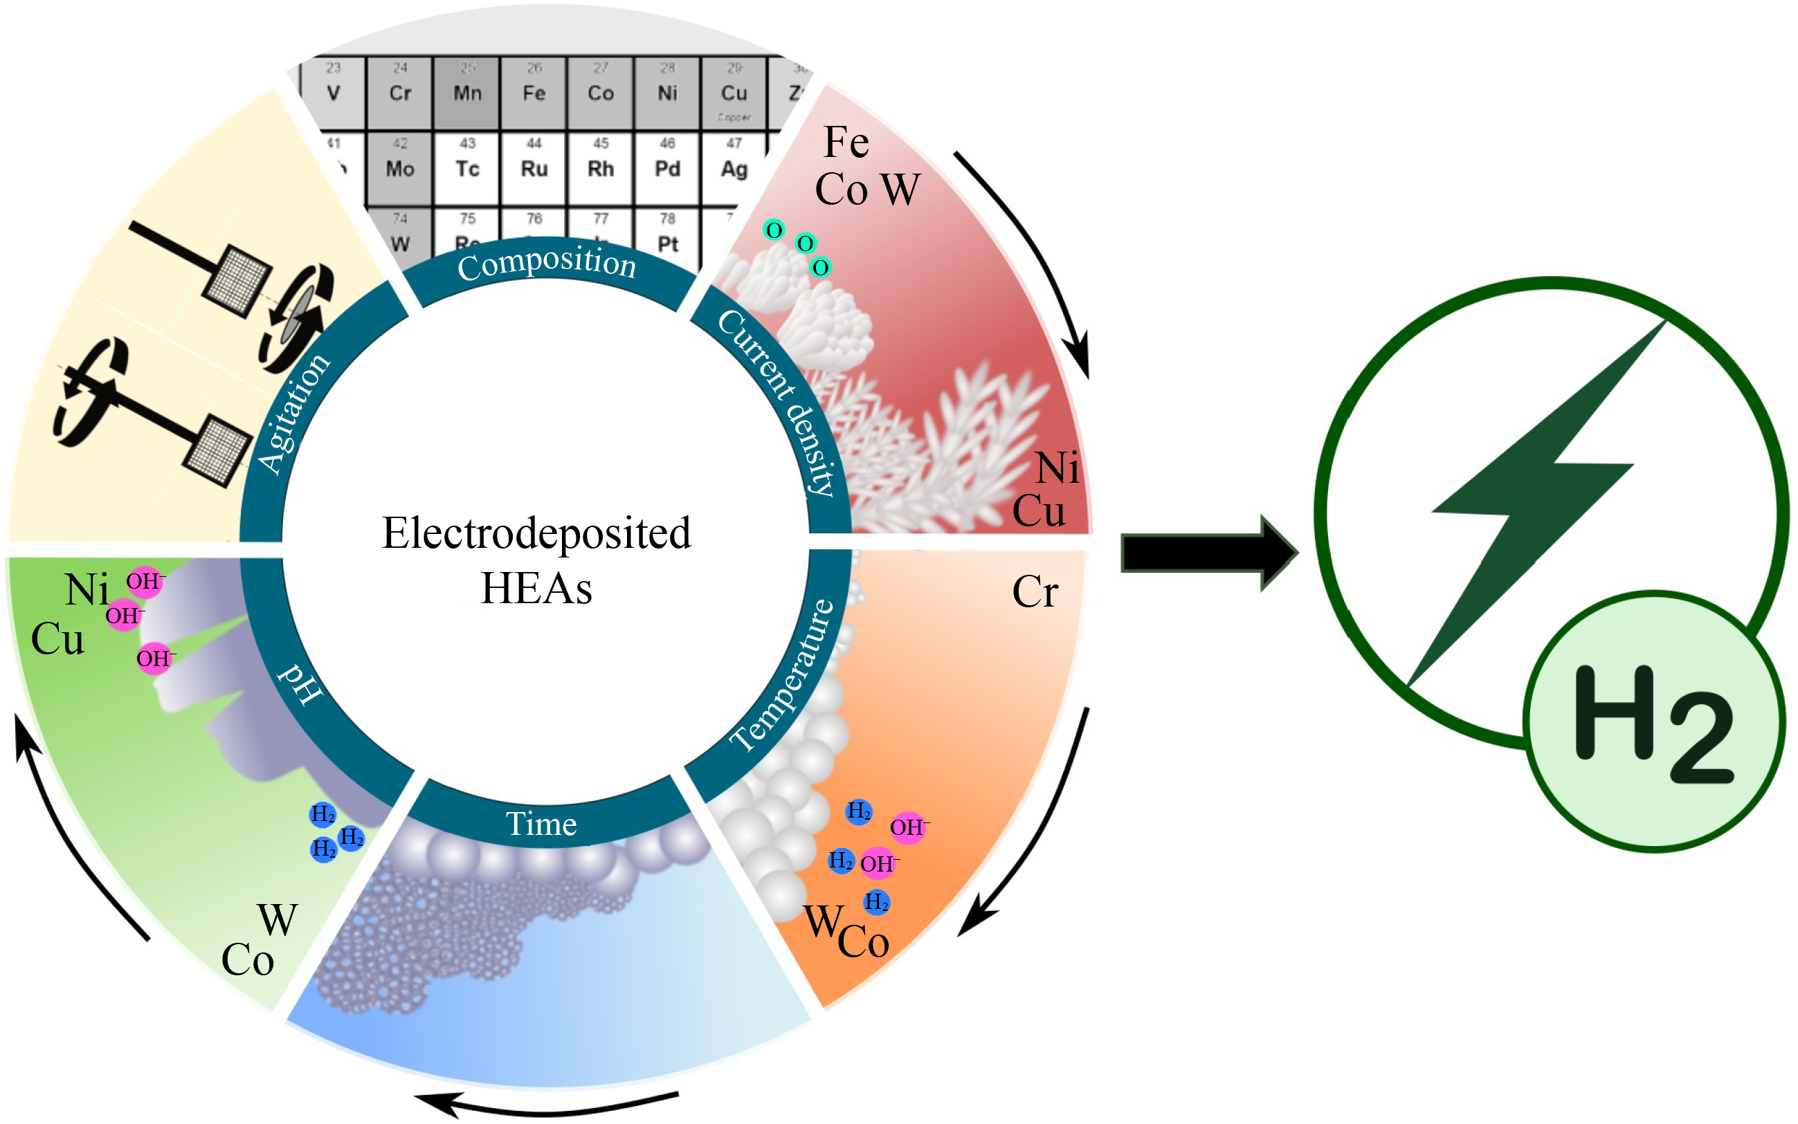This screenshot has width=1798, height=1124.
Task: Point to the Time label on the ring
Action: [541, 824]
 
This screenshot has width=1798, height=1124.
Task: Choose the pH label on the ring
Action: [300, 683]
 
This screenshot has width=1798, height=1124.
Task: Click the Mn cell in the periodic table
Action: [467, 92]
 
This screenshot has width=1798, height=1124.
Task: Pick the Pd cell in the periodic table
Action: [667, 168]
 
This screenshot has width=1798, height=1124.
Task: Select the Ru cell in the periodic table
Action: [534, 168]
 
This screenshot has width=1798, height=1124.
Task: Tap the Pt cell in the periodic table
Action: [667, 238]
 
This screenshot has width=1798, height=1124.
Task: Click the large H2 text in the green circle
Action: [1652, 725]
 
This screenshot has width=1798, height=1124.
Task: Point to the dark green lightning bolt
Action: [1532, 498]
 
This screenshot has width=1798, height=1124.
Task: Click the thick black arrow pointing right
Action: [1208, 554]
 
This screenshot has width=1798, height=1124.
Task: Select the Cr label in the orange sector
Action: [1035, 593]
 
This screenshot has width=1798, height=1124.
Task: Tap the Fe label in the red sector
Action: [846, 142]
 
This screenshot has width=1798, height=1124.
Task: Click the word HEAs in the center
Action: [536, 589]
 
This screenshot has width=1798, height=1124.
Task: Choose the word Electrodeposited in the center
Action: [536, 533]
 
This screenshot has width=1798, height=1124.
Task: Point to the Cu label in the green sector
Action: [57, 639]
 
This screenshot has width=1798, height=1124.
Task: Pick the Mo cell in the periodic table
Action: [400, 168]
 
